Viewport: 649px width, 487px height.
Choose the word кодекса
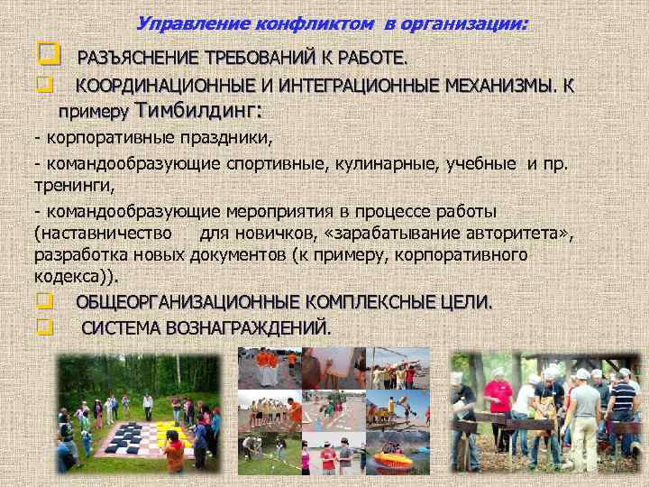[x=67, y=277]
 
